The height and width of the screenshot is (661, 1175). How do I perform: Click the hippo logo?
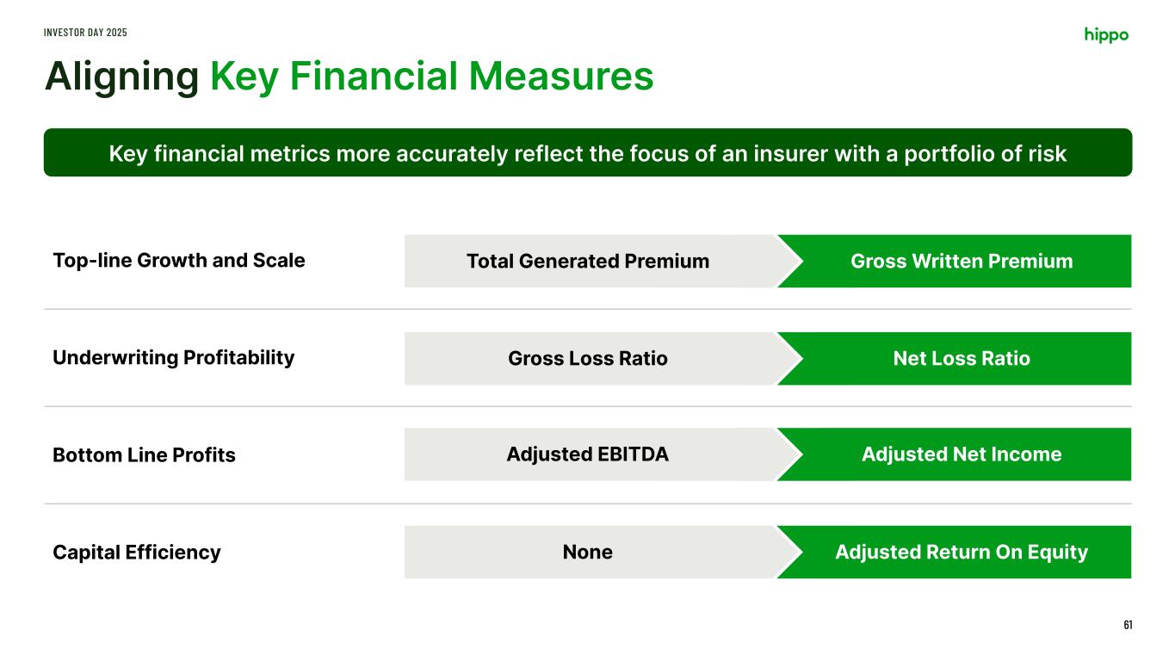1106,34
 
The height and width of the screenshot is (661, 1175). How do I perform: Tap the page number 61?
1128,625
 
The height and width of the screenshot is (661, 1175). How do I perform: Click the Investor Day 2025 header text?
85,33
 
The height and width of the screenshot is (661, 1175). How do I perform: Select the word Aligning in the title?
121,77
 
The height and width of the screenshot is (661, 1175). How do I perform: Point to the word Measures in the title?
560,76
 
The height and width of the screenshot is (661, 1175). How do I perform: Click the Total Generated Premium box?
591,261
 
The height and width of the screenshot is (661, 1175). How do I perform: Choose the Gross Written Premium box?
954,261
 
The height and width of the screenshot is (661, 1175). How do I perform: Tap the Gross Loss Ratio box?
591,358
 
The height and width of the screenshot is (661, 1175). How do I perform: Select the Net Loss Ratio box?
954,358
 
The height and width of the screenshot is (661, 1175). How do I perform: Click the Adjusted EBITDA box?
591,454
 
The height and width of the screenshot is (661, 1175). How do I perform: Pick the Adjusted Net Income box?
954,454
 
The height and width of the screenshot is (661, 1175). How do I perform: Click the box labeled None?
591,552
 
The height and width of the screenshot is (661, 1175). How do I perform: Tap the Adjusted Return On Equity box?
954,552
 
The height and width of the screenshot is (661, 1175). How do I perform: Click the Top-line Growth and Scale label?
179,260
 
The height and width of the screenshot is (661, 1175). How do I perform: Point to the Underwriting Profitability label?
174,358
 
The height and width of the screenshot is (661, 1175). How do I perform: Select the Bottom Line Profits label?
145,454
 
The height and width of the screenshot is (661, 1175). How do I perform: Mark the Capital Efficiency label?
137,553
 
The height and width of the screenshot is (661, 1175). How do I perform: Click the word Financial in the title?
374,76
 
